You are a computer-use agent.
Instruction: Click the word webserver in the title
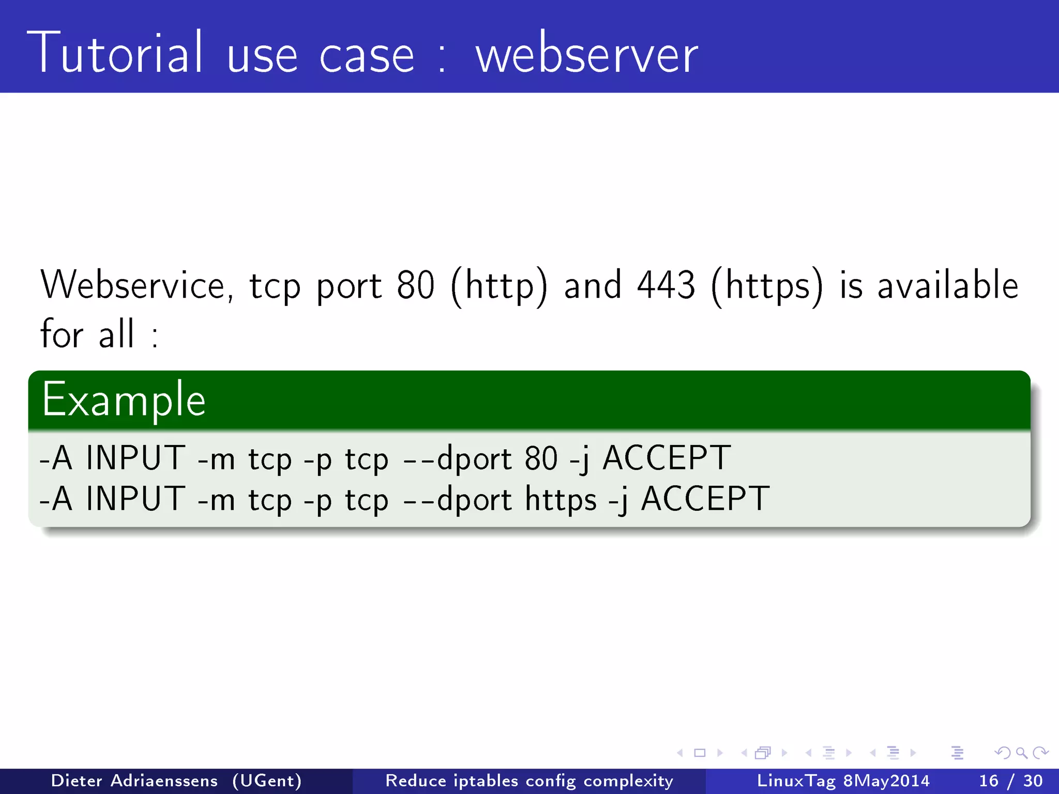(x=586, y=55)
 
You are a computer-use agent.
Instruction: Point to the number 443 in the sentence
(x=666, y=285)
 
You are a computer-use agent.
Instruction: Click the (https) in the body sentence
(x=767, y=286)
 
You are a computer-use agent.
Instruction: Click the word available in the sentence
(x=948, y=285)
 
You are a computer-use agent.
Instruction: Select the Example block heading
(x=124, y=400)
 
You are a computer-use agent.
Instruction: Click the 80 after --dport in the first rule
(x=541, y=458)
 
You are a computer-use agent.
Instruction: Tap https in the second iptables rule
(x=561, y=499)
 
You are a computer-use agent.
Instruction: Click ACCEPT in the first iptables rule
(x=667, y=458)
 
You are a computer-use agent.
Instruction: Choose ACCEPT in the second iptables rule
(x=705, y=499)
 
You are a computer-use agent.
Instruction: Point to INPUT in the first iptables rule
(x=135, y=458)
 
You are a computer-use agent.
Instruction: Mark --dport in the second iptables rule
(x=458, y=499)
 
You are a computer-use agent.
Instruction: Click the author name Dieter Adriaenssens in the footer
(x=134, y=781)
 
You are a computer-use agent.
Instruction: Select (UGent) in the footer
(x=267, y=781)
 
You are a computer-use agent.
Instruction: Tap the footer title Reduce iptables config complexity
(x=529, y=781)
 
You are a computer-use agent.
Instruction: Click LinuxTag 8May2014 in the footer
(x=843, y=781)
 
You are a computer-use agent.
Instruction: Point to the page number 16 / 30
(x=1010, y=781)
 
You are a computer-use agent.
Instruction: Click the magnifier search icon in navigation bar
(x=1021, y=753)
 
